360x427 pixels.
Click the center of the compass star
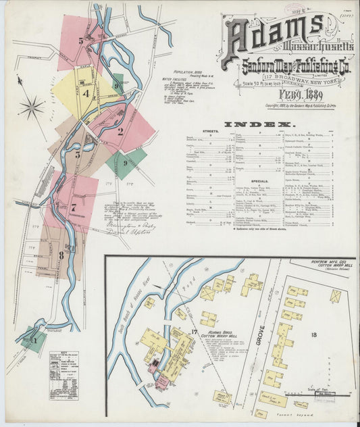(x=31, y=106)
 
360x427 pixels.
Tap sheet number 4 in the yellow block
(x=86, y=94)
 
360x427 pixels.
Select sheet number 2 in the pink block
(x=120, y=131)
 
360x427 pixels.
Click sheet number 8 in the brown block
(x=61, y=255)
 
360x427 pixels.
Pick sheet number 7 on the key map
(x=72, y=208)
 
